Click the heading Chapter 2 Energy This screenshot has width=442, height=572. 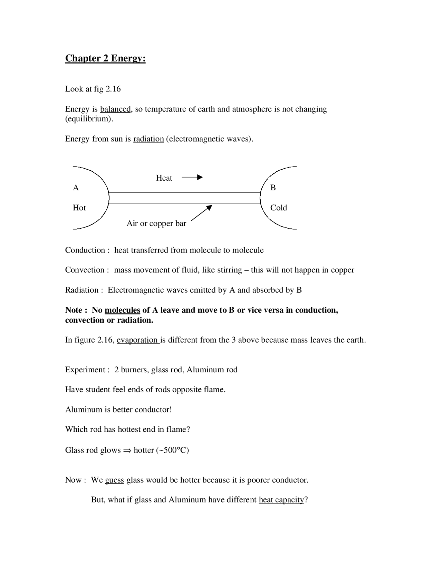pos(105,58)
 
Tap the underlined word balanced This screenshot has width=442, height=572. pos(115,109)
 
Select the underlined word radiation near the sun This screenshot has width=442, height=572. pos(148,139)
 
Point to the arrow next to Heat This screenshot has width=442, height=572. pos(192,178)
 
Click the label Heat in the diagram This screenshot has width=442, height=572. pos(164,178)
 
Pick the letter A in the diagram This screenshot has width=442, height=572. pos(76,188)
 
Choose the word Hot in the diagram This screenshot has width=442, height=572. pos(79,208)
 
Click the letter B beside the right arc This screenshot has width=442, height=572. pos(273,188)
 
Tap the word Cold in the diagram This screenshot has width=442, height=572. pos(279,208)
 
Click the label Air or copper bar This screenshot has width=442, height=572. pos(156,223)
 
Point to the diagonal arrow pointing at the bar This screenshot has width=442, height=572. pos(201,213)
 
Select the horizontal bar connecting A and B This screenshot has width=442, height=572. pos(185,198)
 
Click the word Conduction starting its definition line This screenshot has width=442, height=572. pos(85,250)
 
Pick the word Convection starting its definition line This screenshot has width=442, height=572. pos(85,270)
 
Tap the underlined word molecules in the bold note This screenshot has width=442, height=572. pos(122,310)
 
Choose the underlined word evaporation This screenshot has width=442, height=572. pos(137,340)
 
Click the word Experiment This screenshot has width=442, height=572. pos(85,370)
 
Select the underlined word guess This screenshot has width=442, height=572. pos(114,480)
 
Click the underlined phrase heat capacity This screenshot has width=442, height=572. pos(281,500)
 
